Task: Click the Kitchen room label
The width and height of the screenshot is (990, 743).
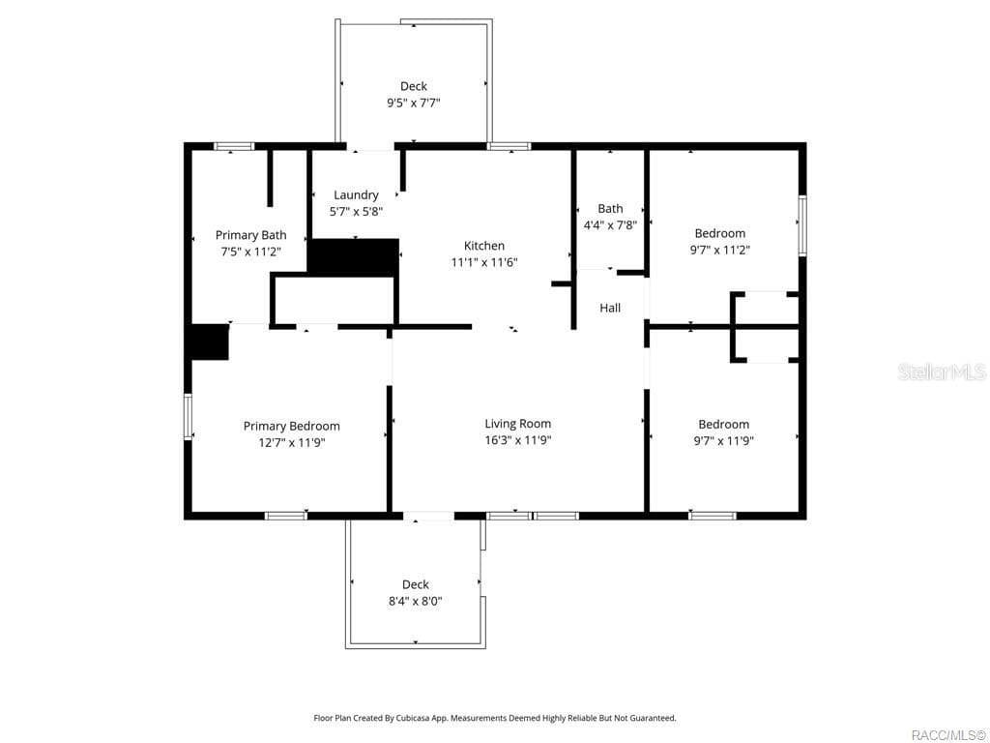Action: click(x=483, y=246)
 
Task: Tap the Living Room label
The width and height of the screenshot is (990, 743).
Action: click(x=517, y=424)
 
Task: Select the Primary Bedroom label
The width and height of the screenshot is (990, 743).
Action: click(x=291, y=427)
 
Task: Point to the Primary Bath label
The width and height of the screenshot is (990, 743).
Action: click(x=250, y=235)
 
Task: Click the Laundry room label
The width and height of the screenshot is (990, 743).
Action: click(x=356, y=195)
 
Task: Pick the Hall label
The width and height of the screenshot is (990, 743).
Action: click(x=610, y=309)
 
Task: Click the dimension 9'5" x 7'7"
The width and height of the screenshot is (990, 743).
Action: click(x=414, y=103)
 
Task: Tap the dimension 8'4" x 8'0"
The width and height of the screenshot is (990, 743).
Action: click(x=415, y=601)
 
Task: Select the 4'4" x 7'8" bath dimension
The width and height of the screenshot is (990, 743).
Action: click(x=610, y=224)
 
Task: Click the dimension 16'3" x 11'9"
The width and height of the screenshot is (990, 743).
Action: click(x=517, y=440)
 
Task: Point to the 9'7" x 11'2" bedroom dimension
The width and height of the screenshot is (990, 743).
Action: click(x=720, y=250)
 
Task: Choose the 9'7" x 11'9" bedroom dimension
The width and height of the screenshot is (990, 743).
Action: click(x=723, y=440)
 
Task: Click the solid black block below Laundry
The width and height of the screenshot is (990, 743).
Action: click(x=354, y=257)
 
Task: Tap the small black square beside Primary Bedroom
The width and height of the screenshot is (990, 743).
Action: click(x=208, y=342)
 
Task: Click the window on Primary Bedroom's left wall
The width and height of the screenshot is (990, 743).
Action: click(x=188, y=416)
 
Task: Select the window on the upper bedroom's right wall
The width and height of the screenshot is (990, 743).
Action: click(x=801, y=225)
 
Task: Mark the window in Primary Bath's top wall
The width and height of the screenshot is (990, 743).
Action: click(x=233, y=146)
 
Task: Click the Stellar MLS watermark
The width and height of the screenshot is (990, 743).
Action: click(x=941, y=372)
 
